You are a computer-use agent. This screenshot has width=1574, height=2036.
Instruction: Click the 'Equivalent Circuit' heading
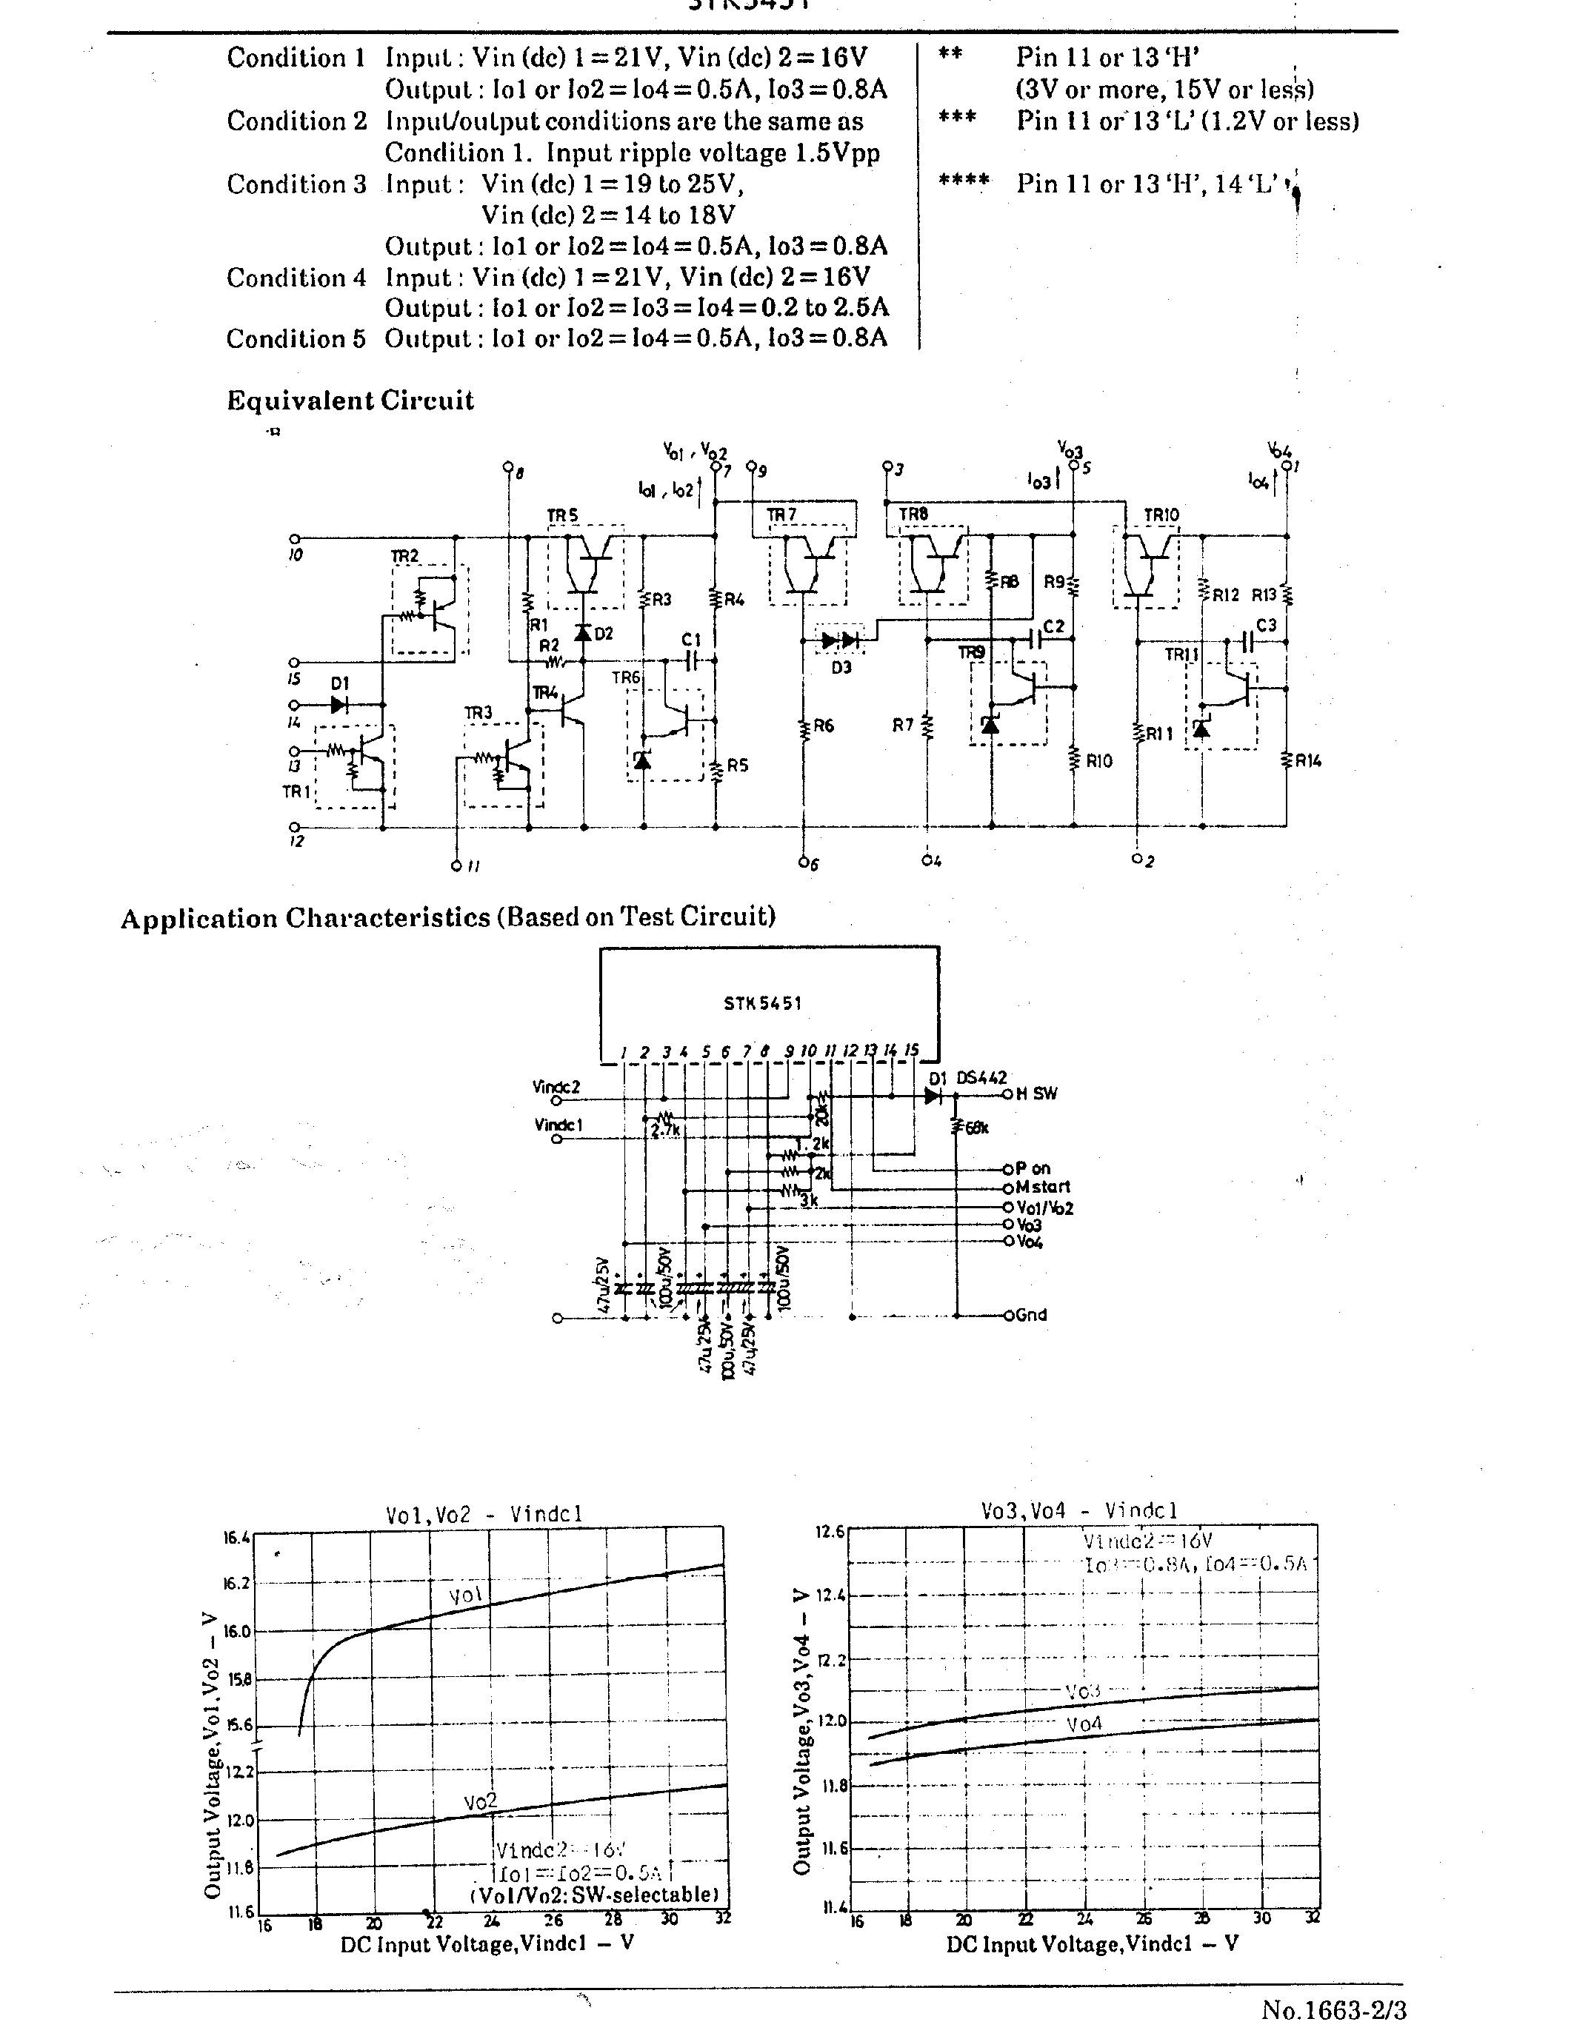(x=350, y=401)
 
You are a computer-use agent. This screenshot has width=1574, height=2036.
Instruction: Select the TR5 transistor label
(x=562, y=515)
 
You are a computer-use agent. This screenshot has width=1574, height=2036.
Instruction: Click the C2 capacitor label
(x=1054, y=626)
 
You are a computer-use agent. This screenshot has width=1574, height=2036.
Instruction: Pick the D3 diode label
(x=842, y=668)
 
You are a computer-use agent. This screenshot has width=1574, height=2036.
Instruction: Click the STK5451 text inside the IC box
(x=763, y=1004)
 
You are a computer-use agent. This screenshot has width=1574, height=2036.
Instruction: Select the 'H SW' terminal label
(x=1037, y=1094)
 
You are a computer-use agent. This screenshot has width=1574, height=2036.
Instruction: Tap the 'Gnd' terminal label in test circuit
(x=1031, y=1316)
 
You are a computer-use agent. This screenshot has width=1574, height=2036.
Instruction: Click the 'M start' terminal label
(x=1044, y=1187)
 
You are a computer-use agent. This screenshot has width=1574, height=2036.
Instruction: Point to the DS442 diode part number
(x=982, y=1078)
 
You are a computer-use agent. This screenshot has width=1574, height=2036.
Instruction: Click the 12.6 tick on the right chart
(x=830, y=1532)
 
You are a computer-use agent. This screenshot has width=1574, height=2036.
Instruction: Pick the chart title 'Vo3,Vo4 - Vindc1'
(x=1079, y=1511)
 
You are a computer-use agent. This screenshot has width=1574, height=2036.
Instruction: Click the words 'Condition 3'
(x=296, y=184)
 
